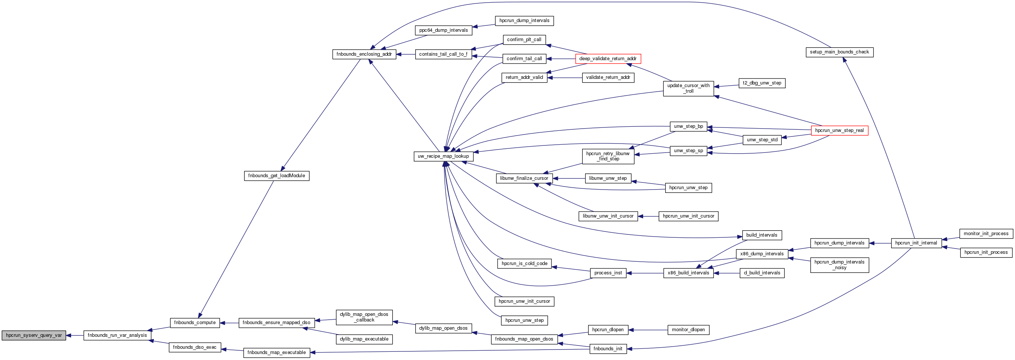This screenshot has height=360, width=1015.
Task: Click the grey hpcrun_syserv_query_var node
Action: click(x=34, y=336)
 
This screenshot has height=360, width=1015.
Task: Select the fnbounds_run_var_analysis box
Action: click(x=117, y=336)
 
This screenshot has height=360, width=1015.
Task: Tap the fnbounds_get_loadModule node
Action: click(x=276, y=176)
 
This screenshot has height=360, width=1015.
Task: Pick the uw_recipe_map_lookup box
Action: click(x=443, y=156)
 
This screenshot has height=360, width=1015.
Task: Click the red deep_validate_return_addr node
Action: click(x=608, y=59)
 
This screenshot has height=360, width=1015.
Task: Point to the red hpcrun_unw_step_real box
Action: click(x=839, y=130)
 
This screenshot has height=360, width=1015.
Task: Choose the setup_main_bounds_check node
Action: click(x=839, y=52)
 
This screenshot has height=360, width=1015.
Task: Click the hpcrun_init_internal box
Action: click(x=916, y=243)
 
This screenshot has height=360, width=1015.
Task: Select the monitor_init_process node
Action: click(x=986, y=234)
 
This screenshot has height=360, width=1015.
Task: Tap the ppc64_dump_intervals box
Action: click(x=443, y=30)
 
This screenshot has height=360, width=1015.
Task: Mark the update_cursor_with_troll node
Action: click(x=688, y=88)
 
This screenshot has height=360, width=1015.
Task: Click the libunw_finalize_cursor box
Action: click(x=524, y=178)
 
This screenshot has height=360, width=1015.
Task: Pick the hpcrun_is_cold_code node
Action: click(x=524, y=264)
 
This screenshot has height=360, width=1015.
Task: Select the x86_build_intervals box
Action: click(x=688, y=273)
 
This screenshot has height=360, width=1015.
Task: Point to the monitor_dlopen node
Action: click(x=688, y=330)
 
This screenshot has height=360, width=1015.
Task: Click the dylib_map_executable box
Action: click(x=364, y=339)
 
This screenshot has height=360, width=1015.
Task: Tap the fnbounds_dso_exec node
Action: click(x=195, y=347)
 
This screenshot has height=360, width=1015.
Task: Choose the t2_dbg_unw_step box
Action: click(x=762, y=83)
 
